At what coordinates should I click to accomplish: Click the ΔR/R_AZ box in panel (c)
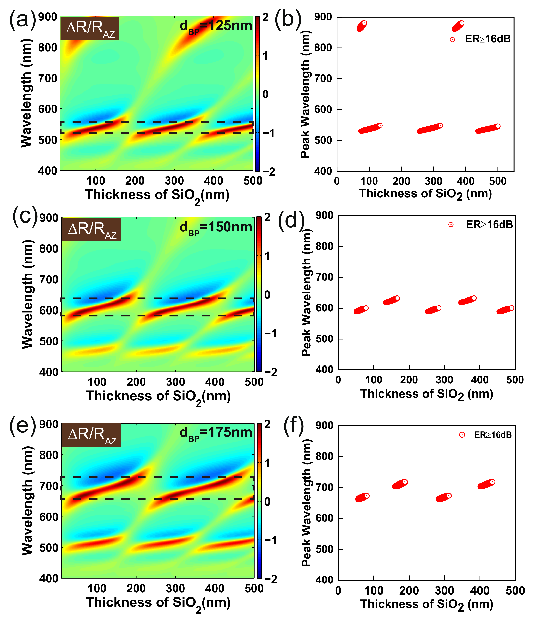(x=92, y=230)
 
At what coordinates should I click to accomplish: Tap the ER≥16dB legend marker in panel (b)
(x=452, y=39)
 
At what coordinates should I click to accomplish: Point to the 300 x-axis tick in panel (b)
(x=433, y=181)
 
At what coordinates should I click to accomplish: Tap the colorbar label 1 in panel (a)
(x=265, y=56)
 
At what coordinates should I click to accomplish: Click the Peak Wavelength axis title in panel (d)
(x=306, y=292)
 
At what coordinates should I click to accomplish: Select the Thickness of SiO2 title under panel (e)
(x=158, y=603)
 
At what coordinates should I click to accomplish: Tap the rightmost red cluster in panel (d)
(x=505, y=310)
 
